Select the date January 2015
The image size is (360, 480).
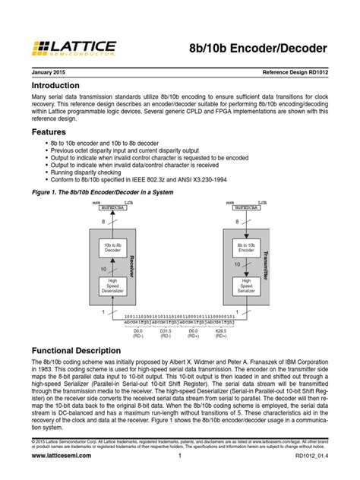pyautogui.click(x=51, y=72)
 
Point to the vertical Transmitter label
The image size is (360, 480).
pyautogui.click(x=264, y=267)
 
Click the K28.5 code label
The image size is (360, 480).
pyautogui.click(x=242, y=331)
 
